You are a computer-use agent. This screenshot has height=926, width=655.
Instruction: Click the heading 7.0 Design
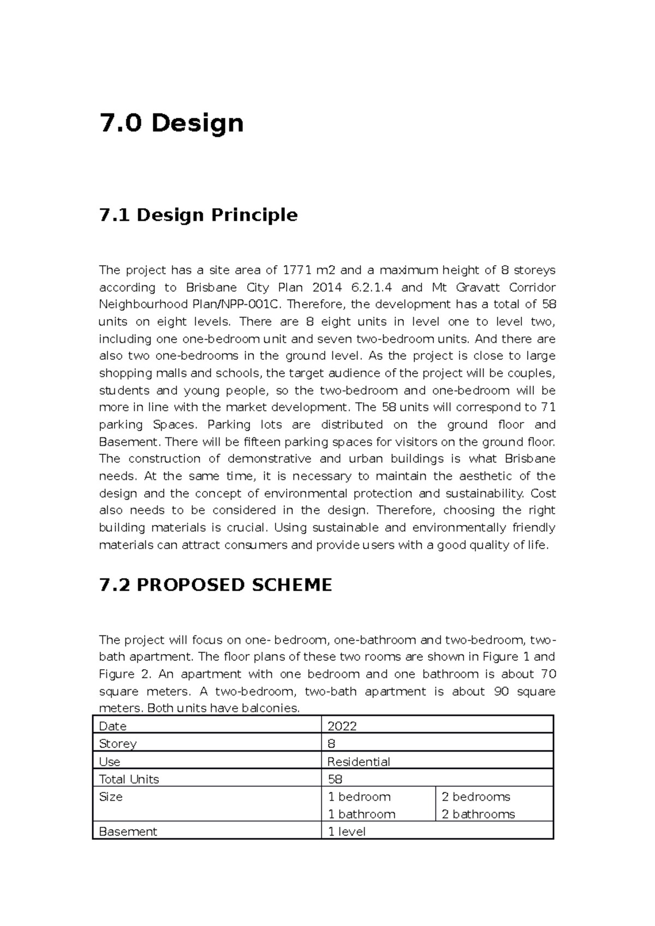(171, 123)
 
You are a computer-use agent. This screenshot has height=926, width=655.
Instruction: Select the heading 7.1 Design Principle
(198, 215)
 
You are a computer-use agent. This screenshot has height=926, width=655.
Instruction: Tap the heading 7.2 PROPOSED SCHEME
(216, 585)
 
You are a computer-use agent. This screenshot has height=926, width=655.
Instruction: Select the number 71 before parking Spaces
(548, 407)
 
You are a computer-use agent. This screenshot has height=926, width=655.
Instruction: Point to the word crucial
(246, 527)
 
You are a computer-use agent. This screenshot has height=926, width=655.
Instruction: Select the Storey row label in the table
(117, 744)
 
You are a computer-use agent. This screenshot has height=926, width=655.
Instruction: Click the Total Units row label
(129, 779)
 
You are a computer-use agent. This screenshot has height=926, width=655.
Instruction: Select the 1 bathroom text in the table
(361, 814)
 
